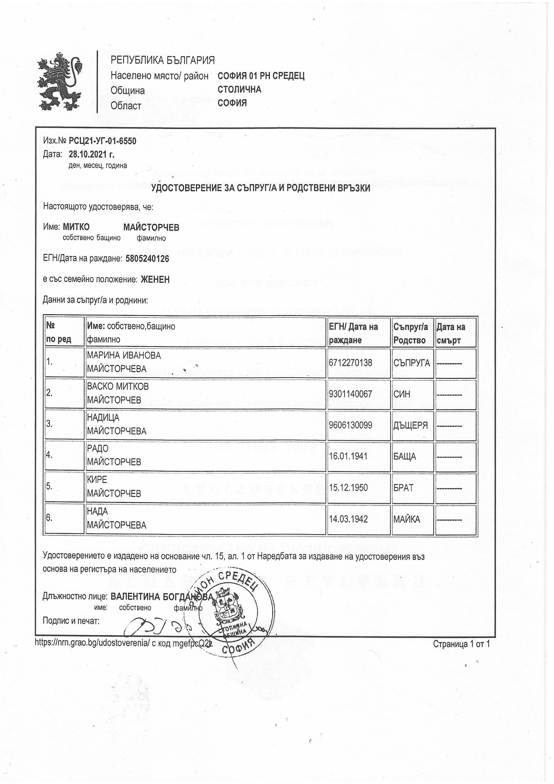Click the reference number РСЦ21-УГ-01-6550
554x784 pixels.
pyautogui.click(x=103, y=141)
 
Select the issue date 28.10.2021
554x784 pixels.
pyautogui.click(x=92, y=154)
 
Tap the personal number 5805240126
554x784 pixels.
pyautogui.click(x=147, y=259)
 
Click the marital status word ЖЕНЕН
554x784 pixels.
pyautogui.click(x=155, y=280)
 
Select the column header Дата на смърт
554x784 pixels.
pyautogui.click(x=455, y=333)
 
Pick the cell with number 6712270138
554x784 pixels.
pyautogui.click(x=350, y=362)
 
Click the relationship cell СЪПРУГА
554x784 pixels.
pyautogui.click(x=412, y=363)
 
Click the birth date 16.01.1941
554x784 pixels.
pyautogui.click(x=348, y=456)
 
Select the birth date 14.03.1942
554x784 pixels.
pyautogui.click(x=348, y=519)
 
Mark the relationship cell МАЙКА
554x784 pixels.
pyautogui.click(x=406, y=519)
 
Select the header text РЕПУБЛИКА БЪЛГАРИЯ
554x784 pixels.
pyautogui.click(x=163, y=60)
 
